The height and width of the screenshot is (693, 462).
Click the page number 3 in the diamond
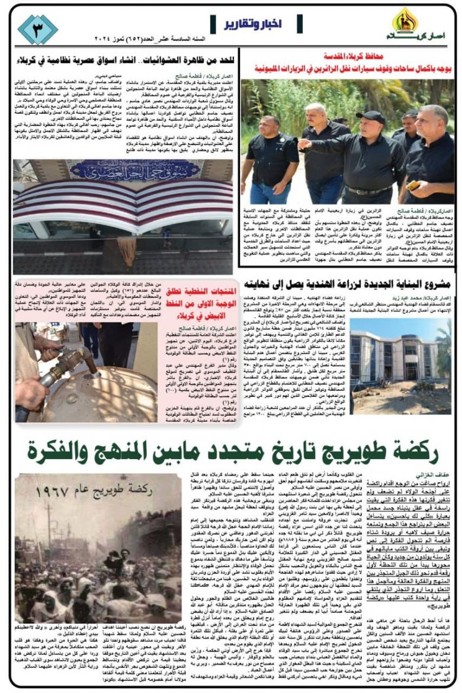[37, 29]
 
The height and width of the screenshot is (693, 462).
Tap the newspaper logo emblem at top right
[406, 20]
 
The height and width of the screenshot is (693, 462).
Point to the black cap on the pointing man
[372, 117]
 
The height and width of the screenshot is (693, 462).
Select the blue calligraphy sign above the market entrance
[127, 171]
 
